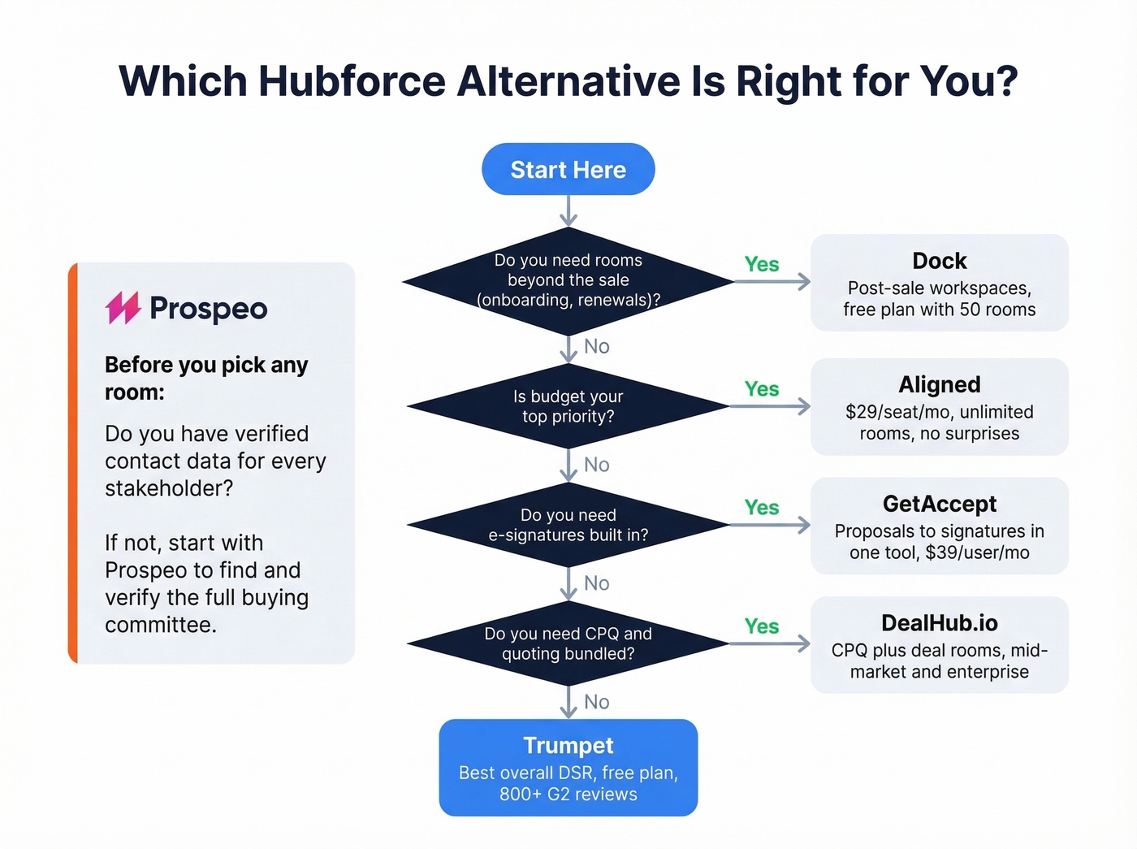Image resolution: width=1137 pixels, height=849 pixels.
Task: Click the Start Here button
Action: pos(568,169)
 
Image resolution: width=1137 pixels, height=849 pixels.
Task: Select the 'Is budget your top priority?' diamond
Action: pos(568,406)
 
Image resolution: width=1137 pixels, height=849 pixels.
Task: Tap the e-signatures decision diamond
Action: pos(568,525)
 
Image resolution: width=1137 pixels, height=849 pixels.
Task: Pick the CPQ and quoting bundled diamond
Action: pos(568,643)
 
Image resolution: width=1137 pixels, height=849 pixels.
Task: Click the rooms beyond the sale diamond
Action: pos(568,280)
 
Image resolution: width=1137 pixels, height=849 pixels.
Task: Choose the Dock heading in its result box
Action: pos(939,261)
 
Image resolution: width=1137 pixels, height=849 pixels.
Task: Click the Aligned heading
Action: pos(939,384)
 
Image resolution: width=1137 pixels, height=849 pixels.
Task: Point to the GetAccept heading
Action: pos(939,504)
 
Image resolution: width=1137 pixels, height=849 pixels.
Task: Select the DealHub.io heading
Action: pos(939,623)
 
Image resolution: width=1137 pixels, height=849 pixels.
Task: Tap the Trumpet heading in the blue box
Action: pos(568,745)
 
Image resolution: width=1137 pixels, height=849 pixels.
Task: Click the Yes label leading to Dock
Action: pos(761,264)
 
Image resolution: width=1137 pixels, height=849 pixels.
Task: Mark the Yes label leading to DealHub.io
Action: pos(761,626)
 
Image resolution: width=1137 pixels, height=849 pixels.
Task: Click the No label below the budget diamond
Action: pos(596,465)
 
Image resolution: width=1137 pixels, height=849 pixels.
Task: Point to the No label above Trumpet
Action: pos(596,702)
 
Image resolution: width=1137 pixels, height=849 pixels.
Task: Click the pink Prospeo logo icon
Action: pos(123,308)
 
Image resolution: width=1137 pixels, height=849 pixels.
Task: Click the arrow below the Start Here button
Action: pos(568,210)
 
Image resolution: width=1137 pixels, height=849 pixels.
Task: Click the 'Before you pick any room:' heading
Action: pos(206,379)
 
